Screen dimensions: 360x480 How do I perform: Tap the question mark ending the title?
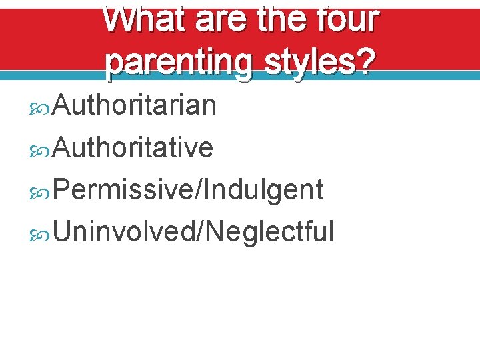367,63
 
